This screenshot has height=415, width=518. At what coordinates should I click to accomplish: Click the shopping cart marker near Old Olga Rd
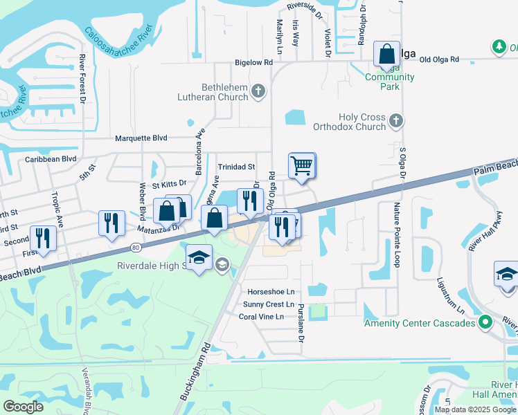[301, 166]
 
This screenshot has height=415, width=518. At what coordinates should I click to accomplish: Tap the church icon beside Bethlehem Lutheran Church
[258, 91]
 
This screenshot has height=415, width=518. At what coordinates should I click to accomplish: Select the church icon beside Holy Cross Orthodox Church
[395, 121]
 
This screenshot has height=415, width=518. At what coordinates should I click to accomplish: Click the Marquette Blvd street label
[141, 138]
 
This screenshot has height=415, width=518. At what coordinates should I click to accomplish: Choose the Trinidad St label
[237, 167]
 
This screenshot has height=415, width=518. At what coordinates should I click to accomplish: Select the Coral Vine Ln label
[261, 317]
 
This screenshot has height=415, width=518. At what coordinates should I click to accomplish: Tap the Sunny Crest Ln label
[269, 304]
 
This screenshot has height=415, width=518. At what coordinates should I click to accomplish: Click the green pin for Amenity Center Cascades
[485, 322]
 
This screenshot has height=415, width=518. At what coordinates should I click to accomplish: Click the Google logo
[24, 407]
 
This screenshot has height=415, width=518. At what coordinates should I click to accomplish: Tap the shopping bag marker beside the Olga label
[386, 54]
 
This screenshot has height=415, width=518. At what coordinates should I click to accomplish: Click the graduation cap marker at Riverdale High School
[199, 258]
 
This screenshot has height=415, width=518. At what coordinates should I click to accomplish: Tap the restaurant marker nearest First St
[44, 238]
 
